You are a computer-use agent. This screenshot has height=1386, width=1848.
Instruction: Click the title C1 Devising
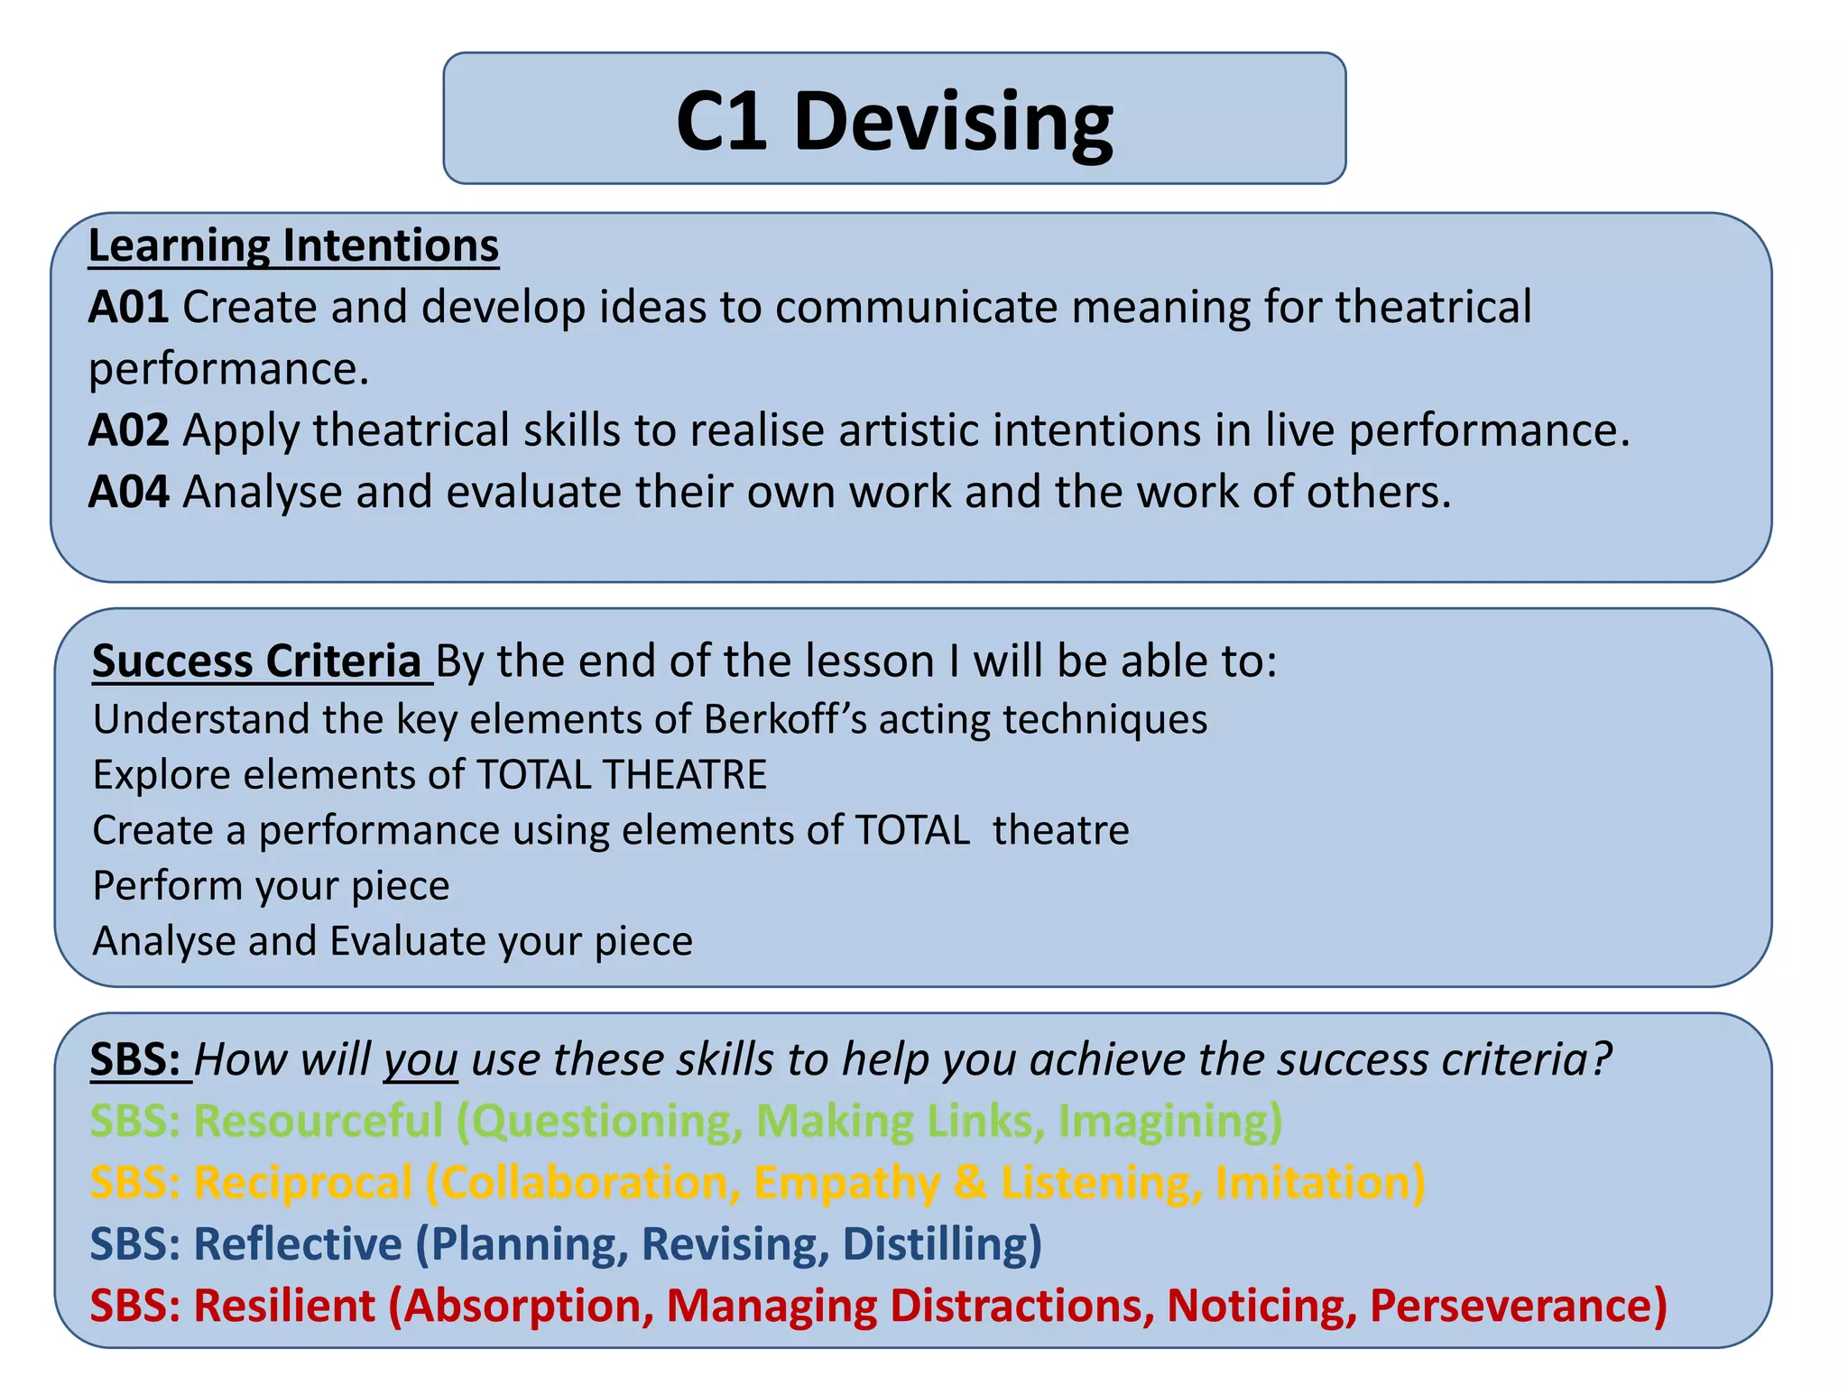click(x=894, y=122)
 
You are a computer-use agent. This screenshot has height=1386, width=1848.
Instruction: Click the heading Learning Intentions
click(x=293, y=245)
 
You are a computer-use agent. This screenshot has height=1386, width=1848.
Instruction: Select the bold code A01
click(x=128, y=308)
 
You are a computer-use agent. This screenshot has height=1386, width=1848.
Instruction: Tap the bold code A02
click(x=128, y=430)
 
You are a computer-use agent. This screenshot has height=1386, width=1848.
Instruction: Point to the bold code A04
click(x=128, y=493)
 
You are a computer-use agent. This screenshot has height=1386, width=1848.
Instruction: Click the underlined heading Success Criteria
click(x=257, y=661)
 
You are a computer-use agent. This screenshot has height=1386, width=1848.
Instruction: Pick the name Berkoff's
click(x=784, y=720)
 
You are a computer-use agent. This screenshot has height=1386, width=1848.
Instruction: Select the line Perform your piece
click(x=271, y=886)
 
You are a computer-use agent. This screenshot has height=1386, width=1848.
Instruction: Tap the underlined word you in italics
click(x=420, y=1060)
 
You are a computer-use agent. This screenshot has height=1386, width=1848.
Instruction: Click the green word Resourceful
click(x=318, y=1122)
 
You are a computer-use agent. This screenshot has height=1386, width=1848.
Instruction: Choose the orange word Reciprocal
click(x=303, y=1183)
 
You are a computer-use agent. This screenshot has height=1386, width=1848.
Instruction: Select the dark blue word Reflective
click(x=298, y=1244)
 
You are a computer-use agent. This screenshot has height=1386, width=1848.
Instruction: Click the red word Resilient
click(x=284, y=1306)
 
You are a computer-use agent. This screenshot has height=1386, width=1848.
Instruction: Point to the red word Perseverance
click(x=1516, y=1306)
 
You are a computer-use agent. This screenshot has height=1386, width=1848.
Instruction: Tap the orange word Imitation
click(x=1317, y=1183)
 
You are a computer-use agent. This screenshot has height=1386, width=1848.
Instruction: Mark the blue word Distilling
click(x=938, y=1244)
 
